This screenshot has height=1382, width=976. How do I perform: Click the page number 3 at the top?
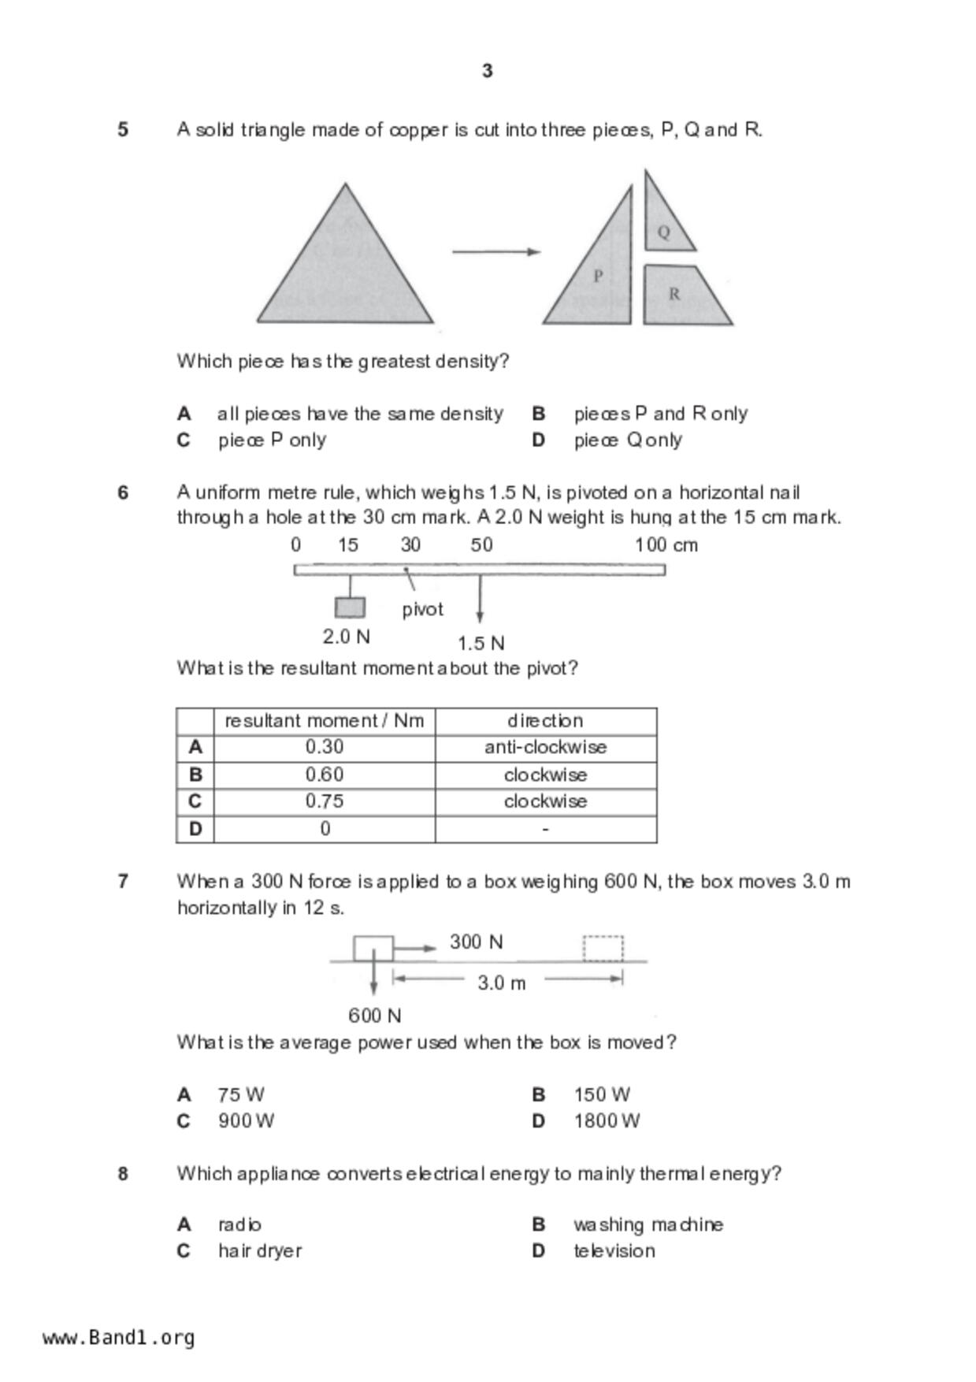(487, 71)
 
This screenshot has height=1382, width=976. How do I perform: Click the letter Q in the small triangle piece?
(663, 232)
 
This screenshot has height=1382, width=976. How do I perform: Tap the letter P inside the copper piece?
(598, 276)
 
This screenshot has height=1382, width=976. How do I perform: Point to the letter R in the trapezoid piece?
(674, 294)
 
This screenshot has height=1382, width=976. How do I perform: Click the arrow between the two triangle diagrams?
(495, 252)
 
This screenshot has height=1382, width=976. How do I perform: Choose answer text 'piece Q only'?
(628, 440)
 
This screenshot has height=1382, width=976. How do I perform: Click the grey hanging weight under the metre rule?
(350, 607)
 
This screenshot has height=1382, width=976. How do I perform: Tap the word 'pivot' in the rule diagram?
(422, 609)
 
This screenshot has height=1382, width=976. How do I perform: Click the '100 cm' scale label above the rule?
(666, 545)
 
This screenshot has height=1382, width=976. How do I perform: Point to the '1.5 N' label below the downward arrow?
(481, 643)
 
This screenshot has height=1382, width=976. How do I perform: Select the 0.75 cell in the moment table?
(325, 801)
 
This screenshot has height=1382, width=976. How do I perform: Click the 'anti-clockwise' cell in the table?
(545, 747)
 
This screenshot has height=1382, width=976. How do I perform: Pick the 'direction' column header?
(545, 721)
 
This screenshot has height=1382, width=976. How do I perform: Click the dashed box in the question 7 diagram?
(603, 948)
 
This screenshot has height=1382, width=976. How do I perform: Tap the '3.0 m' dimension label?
(501, 983)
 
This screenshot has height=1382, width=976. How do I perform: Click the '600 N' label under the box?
(374, 1016)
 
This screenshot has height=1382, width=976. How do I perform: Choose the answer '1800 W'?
(607, 1120)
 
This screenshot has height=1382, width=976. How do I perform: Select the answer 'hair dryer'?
(260, 1250)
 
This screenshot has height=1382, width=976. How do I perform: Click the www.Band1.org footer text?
(118, 1338)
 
